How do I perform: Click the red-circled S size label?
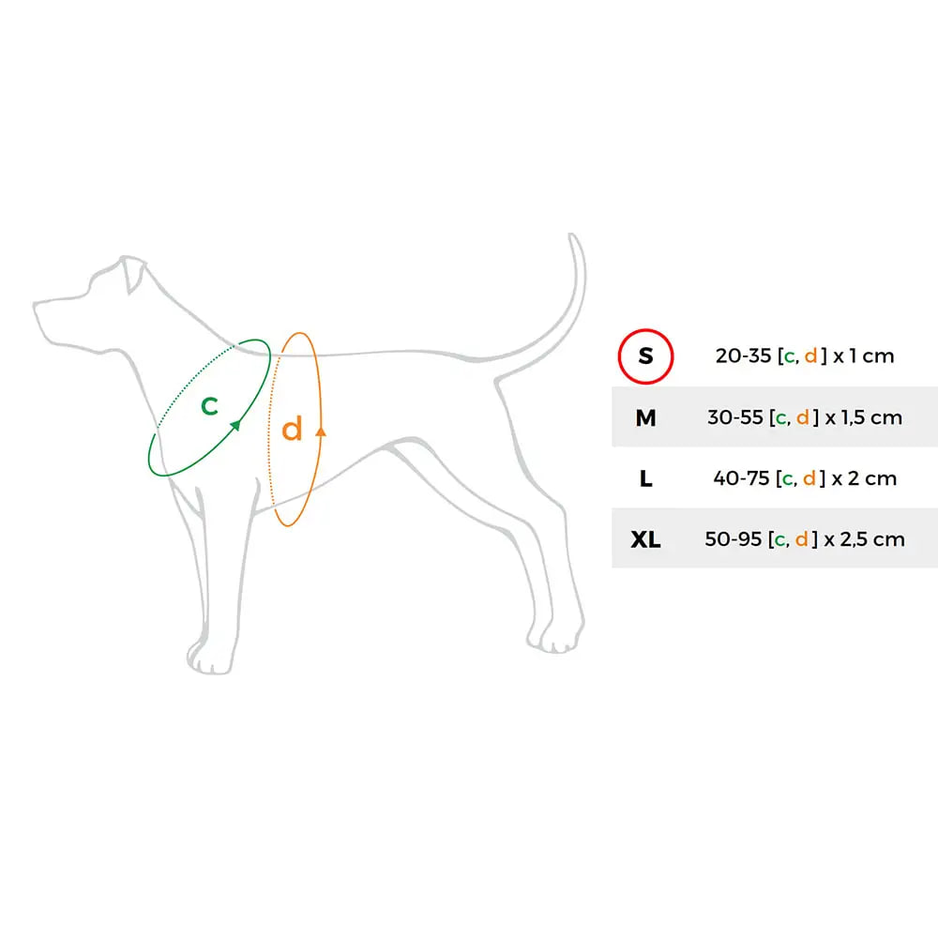click(645, 356)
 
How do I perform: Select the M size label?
click(645, 417)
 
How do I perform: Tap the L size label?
click(645, 478)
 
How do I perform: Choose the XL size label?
click(645, 539)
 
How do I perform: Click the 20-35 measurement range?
click(743, 356)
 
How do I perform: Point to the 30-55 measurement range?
click(735, 417)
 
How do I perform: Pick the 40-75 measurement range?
click(741, 478)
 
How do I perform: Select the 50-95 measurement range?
click(733, 539)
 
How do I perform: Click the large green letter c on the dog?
click(209, 405)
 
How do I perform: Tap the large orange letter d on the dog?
click(292, 429)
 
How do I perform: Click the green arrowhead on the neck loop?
click(235, 425)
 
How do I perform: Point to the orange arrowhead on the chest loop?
click(321, 431)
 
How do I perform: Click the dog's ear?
click(133, 275)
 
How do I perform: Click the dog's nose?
click(36, 306)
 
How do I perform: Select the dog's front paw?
click(209, 658)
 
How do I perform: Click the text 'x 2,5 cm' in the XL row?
click(865, 539)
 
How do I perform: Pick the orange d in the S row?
click(810, 356)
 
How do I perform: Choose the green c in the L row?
click(788, 479)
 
